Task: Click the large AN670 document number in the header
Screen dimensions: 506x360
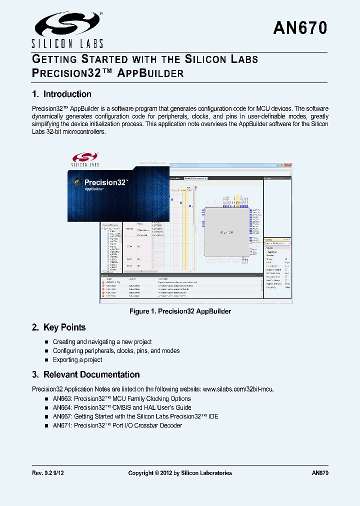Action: [300, 28]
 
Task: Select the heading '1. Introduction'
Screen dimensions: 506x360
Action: [61, 94]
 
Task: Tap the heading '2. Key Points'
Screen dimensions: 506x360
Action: [58, 327]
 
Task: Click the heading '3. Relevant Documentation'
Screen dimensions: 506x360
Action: [85, 374]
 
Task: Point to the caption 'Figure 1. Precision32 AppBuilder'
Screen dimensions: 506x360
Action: [180, 311]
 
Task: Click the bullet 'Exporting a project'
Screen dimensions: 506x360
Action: [77, 359]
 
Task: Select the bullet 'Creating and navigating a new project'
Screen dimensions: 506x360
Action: [102, 341]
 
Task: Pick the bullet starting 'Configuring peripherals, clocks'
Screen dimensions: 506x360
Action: [116, 350]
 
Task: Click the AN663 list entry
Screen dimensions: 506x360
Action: [121, 398]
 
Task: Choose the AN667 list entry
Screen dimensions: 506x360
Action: [135, 416]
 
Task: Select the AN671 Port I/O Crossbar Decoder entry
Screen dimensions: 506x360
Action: [117, 425]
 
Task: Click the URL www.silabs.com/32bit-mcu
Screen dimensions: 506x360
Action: [238, 388]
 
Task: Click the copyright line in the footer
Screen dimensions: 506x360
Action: [180, 473]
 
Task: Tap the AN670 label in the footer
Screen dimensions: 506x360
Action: [319, 473]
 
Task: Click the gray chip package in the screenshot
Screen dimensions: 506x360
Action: [227, 232]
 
